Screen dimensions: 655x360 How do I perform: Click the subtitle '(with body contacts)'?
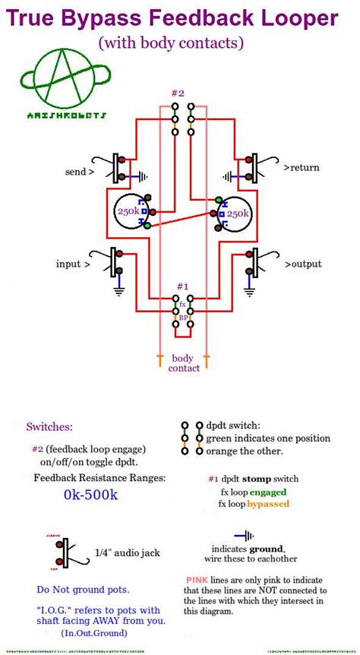[x=180, y=43]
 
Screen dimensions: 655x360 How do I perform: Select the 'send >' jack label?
[x=80, y=172]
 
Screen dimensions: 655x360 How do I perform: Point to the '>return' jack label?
[x=302, y=168]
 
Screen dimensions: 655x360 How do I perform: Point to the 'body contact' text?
[x=185, y=363]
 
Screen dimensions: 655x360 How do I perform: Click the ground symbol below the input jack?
[x=119, y=289]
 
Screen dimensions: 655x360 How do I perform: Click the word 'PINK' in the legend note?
[x=197, y=580]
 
